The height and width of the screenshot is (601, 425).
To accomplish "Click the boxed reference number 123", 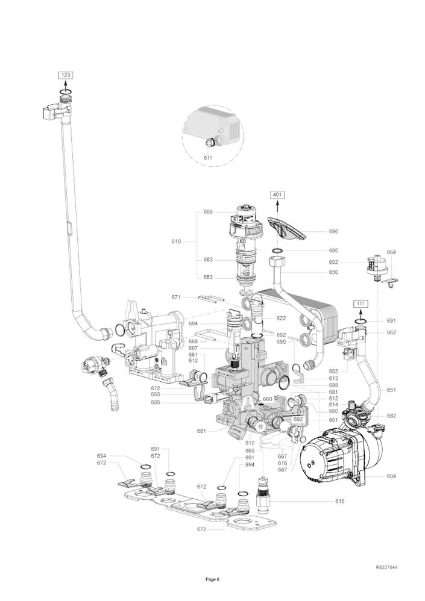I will (x=66, y=75).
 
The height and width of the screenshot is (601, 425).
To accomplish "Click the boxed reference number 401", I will (x=277, y=195).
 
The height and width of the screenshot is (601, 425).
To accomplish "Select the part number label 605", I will (x=208, y=212).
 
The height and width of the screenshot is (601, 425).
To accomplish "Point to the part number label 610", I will (x=176, y=241).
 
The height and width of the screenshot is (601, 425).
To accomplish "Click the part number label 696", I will (x=333, y=231).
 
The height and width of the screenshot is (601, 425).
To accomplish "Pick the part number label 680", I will (x=333, y=251).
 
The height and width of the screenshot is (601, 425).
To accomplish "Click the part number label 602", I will (x=333, y=262).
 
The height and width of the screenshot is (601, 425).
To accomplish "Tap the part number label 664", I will (x=391, y=253).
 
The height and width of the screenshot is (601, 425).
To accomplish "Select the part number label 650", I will (x=333, y=272).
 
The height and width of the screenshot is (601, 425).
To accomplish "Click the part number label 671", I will (x=176, y=297).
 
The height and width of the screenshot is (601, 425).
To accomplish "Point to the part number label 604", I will (x=391, y=476).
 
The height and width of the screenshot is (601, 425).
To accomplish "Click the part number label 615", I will (x=341, y=501).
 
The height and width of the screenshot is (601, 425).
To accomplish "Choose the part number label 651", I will (x=391, y=390).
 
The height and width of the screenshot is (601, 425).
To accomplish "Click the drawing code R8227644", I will (x=386, y=568).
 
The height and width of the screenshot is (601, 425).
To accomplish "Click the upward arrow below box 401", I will (x=277, y=207).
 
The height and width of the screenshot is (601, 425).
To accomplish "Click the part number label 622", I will (x=282, y=318).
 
